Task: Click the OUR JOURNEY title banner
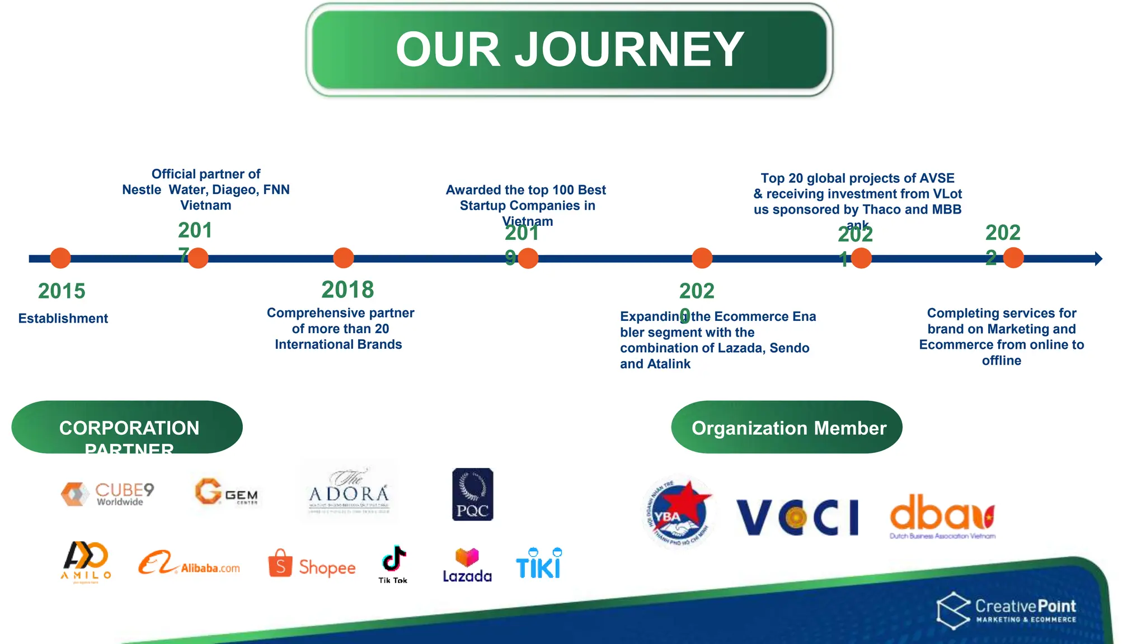(569, 50)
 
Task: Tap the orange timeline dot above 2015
(60, 258)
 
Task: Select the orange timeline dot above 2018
(343, 258)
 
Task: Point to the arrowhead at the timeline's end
(1098, 258)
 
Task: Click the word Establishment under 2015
(63, 319)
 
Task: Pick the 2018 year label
(347, 290)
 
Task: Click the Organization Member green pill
(786, 428)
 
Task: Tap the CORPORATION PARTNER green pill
(127, 428)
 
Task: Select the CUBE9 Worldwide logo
(108, 494)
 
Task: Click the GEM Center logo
(227, 492)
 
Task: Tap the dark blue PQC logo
(472, 494)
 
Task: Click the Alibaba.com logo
(189, 563)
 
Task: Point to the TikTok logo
(393, 563)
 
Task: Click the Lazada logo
(467, 566)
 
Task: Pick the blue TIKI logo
(538, 563)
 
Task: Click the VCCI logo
(797, 517)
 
